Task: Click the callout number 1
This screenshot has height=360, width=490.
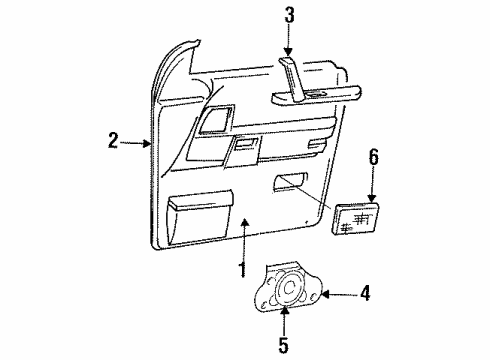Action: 241,269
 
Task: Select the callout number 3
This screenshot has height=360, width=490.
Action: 288,15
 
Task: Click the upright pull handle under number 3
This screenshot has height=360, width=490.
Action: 292,81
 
